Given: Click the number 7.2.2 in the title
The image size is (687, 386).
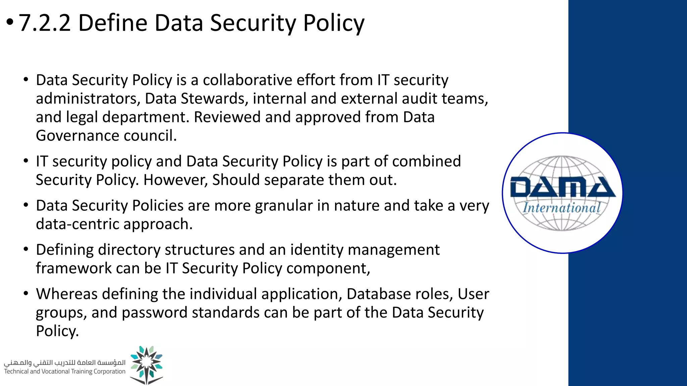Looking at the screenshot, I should [x=45, y=23].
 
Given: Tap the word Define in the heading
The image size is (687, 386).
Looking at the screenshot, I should [x=113, y=23].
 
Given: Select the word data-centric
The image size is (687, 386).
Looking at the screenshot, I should [x=77, y=224].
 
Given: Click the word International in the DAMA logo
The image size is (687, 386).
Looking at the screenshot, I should [x=562, y=208].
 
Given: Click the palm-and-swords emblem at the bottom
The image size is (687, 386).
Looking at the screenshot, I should [x=146, y=365].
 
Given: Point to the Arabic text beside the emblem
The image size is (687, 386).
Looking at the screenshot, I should [x=64, y=363].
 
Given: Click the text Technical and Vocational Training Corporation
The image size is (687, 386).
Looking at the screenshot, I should [x=64, y=371].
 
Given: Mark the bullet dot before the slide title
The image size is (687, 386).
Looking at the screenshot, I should [x=10, y=22].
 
